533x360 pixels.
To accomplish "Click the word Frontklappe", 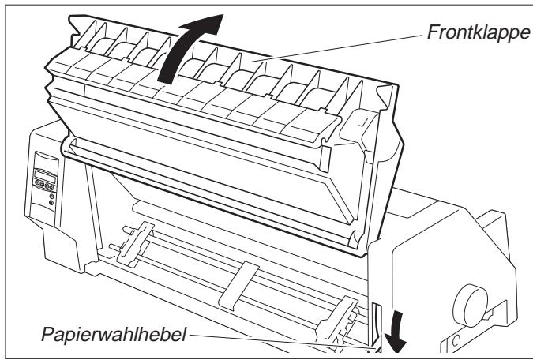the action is point(478,32).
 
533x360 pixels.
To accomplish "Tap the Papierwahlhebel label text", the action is point(114,334).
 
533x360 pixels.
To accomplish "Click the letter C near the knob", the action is point(456,340).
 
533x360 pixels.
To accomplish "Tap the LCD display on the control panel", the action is point(45,176).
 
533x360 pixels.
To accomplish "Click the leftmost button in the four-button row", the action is point(37,182).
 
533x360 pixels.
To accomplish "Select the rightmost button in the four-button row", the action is point(51,187).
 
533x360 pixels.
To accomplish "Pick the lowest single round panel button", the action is point(51,203).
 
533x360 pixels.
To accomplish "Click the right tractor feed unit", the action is point(336,321).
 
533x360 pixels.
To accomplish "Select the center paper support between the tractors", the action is point(238,286).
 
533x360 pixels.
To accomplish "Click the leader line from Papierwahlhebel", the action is point(282,341).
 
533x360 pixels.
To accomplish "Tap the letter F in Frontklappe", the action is point(433,32).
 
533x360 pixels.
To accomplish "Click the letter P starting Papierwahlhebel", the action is point(47,334).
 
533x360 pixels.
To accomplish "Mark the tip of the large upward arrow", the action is point(223,15).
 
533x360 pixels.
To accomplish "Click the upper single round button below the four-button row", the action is point(51,196).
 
